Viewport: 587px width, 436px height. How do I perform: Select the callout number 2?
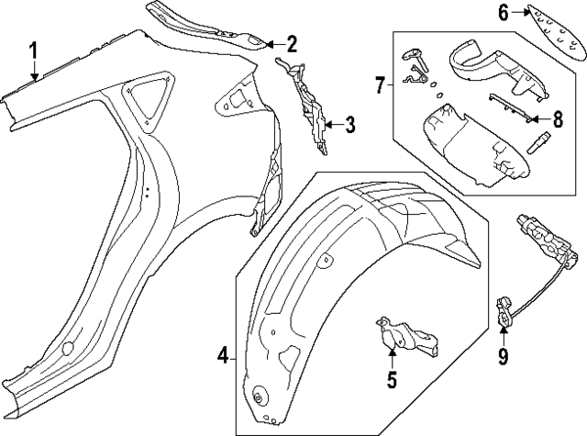[292, 43]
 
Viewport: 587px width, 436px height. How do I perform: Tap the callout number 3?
[349, 125]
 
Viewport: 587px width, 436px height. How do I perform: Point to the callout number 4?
[221, 355]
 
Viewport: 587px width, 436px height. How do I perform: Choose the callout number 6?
[504, 12]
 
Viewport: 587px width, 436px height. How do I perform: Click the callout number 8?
[557, 118]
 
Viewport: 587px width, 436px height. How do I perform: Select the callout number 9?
[502, 355]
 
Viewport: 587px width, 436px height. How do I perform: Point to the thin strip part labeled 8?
[510, 107]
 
